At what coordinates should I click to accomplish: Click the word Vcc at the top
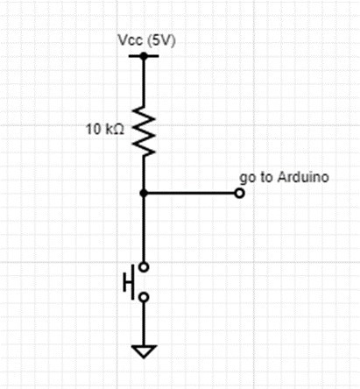point(128,41)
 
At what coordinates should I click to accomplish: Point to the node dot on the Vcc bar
point(143,55)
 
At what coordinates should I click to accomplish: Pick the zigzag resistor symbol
point(143,131)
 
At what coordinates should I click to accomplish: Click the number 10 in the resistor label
point(92,131)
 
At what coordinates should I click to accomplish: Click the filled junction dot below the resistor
point(143,193)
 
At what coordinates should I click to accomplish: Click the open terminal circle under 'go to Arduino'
point(239,193)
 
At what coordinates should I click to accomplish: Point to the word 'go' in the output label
point(245,178)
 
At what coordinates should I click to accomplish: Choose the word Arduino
point(302,177)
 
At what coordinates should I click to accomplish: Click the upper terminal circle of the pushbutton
point(143,265)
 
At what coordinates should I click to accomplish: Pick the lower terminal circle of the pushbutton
point(143,297)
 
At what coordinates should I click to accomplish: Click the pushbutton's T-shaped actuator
point(129,281)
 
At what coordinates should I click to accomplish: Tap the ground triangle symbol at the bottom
point(143,352)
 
